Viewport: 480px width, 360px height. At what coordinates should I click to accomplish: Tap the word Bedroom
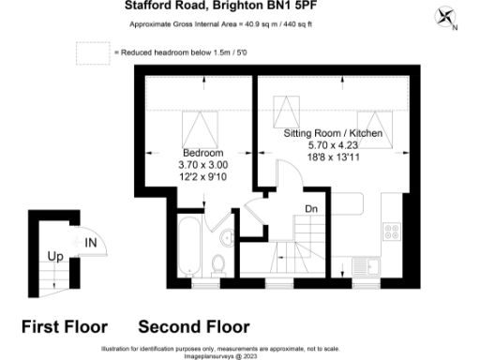202,153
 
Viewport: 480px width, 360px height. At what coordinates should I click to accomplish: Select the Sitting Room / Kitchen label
333,135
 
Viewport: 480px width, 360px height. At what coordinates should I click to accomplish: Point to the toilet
217,263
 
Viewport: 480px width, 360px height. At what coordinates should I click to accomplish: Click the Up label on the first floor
55,255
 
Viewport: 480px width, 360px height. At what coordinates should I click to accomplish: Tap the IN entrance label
92,244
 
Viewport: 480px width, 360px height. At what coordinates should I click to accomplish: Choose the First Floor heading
65,327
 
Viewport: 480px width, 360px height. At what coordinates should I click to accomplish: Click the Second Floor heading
194,327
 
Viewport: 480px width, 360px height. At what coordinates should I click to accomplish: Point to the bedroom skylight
196,126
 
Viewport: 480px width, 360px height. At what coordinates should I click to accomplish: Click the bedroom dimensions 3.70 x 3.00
202,164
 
